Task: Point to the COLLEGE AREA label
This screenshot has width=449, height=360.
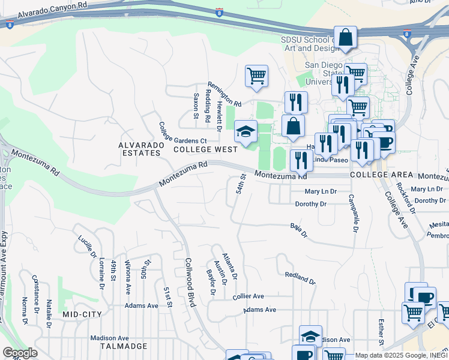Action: [381, 175]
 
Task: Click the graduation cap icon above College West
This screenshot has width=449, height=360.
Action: [245, 131]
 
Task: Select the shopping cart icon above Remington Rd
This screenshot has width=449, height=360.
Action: [256, 76]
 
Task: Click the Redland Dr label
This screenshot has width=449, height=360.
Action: [300, 277]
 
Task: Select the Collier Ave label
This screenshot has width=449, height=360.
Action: [249, 296]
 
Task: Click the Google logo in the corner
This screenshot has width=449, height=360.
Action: [20, 353]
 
